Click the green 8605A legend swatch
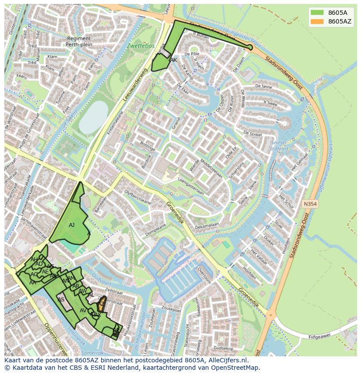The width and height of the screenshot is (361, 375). point(317,13)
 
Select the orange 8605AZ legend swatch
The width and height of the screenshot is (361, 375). point(317,21)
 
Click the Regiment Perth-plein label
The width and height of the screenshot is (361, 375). point(79,41)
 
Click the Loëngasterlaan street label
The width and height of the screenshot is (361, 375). point(191,191)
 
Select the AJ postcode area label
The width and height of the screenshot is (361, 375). point(72,225)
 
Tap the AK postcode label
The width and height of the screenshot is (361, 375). point(174,60)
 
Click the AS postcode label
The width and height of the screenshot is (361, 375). point(61,300)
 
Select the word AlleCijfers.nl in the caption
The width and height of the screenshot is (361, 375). point(227,360)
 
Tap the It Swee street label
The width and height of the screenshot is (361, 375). point(270,104)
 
